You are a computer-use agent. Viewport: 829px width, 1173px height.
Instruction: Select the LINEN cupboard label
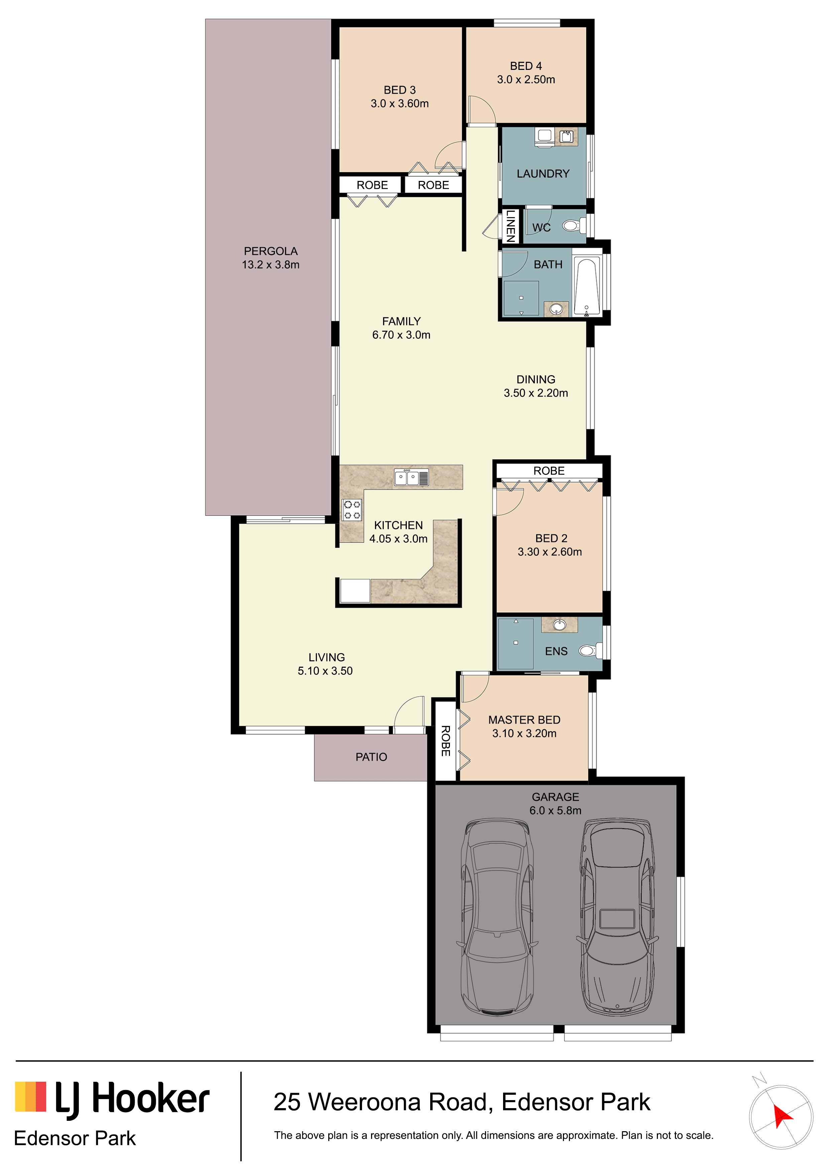[510, 226]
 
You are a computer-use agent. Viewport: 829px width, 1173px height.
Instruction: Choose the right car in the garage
[617, 917]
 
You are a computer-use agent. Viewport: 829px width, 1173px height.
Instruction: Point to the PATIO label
[371, 757]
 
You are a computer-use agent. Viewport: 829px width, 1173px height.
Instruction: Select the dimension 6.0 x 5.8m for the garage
[555, 810]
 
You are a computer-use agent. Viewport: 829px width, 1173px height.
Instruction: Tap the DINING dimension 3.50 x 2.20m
[536, 393]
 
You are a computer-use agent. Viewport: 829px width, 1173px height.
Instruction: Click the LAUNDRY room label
[543, 174]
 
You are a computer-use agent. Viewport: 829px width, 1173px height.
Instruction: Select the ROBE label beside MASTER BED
[445, 741]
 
